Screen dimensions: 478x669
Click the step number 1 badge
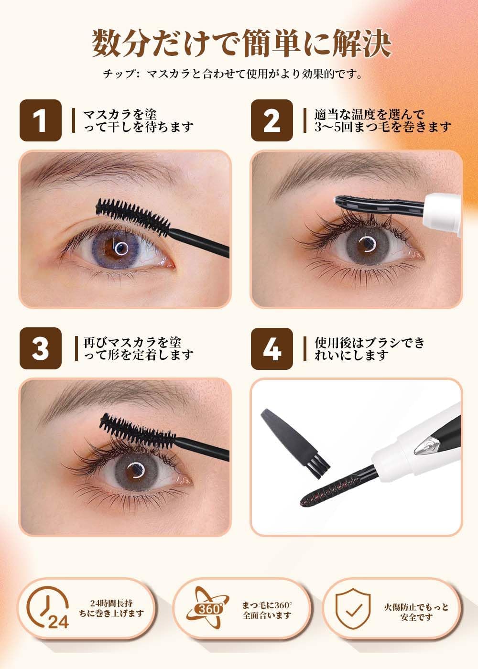40,120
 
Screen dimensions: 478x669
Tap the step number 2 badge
272,120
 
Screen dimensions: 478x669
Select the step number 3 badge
40,348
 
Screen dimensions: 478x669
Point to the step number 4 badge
272,348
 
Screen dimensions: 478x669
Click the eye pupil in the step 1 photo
121,248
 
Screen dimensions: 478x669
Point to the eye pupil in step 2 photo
367,242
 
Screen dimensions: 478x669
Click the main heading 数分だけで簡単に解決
241,44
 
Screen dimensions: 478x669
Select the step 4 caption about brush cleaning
369,349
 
